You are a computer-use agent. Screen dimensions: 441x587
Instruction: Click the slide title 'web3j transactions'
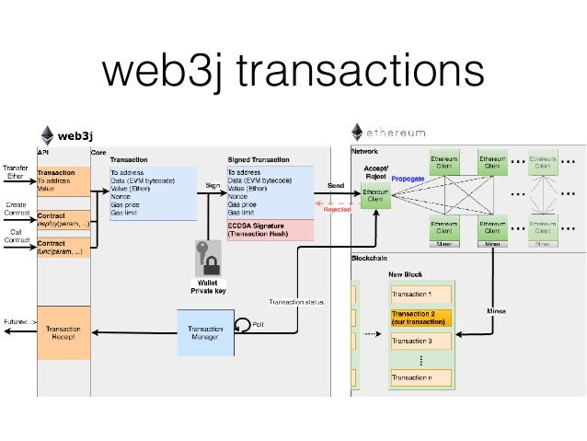(293, 71)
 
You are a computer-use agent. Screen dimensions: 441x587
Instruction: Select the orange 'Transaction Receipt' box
(63, 332)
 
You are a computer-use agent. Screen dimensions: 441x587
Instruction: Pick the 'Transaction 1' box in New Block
(420, 294)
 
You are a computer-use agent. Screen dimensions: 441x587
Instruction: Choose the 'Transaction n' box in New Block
(420, 377)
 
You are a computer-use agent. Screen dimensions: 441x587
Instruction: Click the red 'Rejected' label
(337, 209)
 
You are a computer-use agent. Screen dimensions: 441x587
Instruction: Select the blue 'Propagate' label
(408, 179)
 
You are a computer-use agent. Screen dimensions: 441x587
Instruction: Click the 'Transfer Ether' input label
(15, 172)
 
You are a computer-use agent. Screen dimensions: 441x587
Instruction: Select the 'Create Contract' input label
(16, 209)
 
